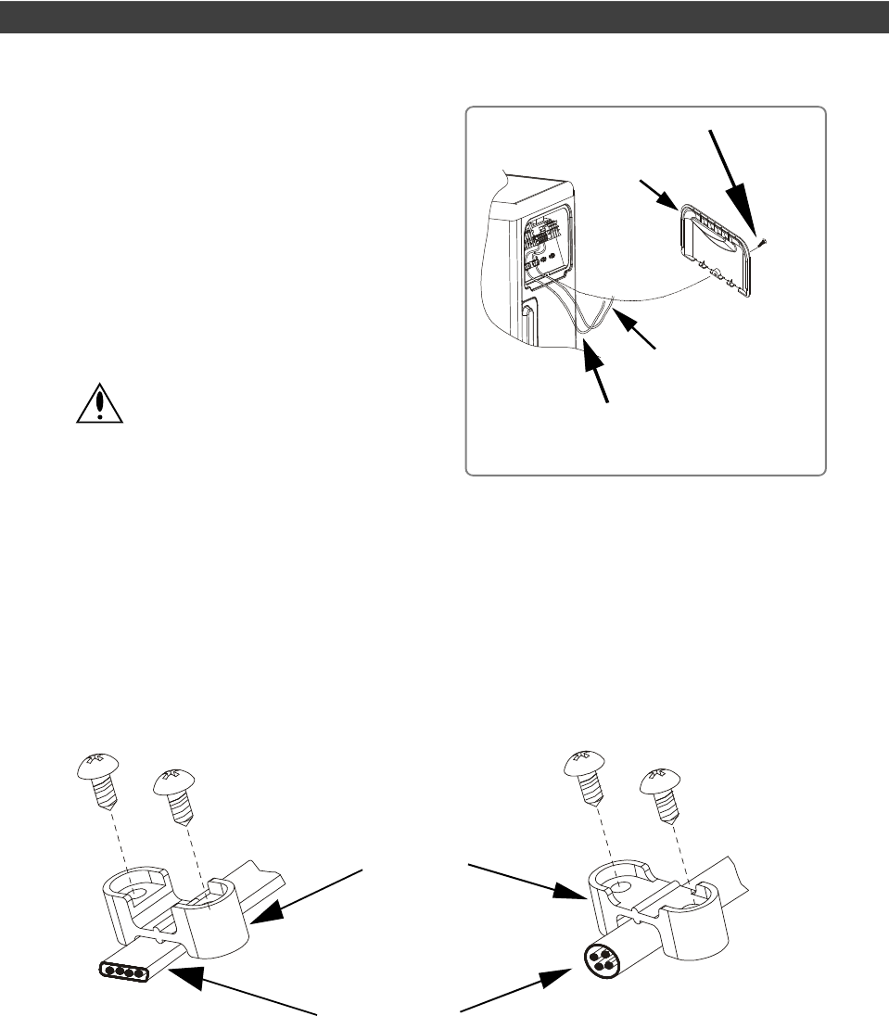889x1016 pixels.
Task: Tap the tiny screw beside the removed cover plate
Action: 760,243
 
